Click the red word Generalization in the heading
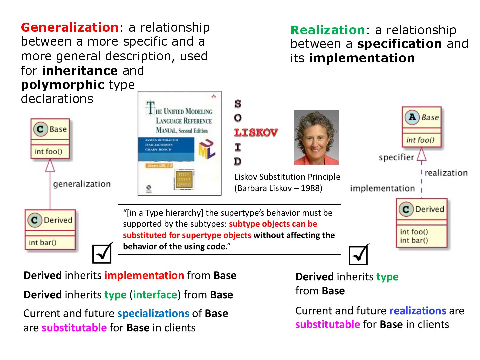coord(69,27)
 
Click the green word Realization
coord(328,30)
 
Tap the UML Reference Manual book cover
coord(179,143)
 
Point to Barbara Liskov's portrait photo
coord(316,137)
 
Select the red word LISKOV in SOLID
coord(256,133)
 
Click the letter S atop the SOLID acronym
coord(238,104)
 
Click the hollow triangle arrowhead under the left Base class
coord(50,165)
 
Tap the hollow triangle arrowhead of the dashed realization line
coord(422,154)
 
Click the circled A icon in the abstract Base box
coord(412,117)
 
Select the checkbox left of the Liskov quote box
coord(102,254)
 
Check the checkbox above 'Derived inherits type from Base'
coord(358,255)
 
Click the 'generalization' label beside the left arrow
coord(82,184)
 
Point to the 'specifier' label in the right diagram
coord(396,157)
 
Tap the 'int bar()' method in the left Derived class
coord(43,242)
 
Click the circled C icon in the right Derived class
coord(406,209)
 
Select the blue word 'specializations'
coord(153,313)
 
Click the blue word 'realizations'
coord(417,311)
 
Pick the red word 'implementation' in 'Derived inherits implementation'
coord(144,275)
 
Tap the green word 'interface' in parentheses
coord(155,295)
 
